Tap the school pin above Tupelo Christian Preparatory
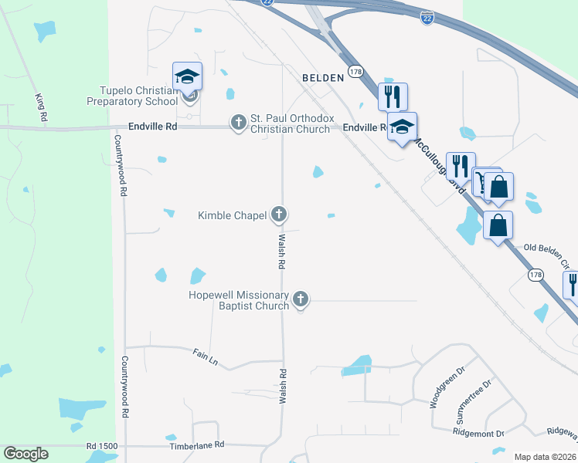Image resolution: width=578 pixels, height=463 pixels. coord(187,76)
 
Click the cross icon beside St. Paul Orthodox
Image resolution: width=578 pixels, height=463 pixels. coord(238,122)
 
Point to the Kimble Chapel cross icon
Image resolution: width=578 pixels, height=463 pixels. coord(279,215)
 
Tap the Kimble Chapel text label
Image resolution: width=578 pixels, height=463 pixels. coord(232,215)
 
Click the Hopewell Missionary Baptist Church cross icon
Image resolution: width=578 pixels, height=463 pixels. coord(301,299)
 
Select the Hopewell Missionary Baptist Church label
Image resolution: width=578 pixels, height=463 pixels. coord(239,300)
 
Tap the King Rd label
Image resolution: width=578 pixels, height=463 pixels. coord(40,108)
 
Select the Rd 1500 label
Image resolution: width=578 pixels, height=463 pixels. coord(102,446)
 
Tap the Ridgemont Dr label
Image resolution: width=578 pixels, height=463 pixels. coord(478,434)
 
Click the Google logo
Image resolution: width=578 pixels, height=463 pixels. coord(25,454)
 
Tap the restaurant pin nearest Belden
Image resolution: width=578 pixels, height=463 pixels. coord(393,96)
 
